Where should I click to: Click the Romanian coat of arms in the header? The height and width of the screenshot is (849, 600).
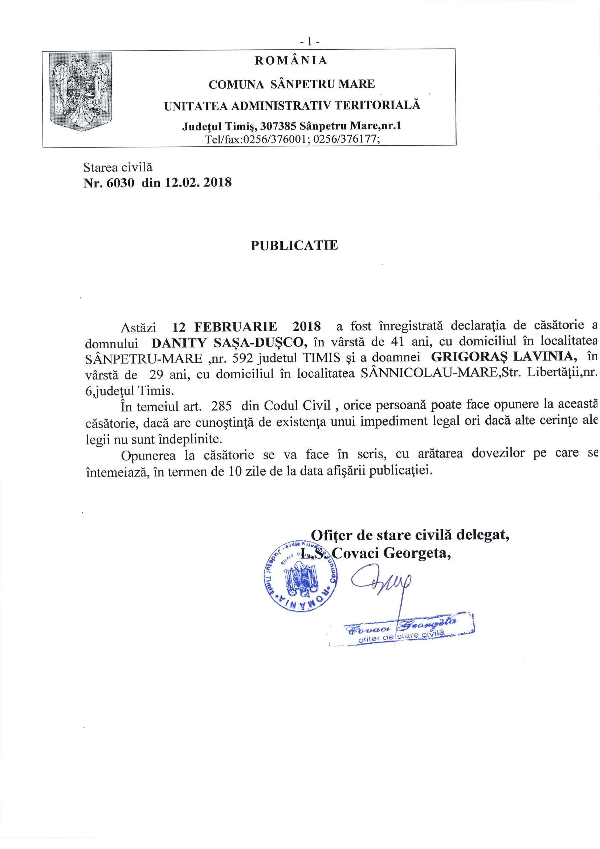[81, 92]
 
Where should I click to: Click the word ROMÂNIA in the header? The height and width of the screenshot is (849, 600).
[291, 61]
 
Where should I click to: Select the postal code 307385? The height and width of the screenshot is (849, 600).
[278, 126]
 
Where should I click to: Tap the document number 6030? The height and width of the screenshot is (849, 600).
[120, 183]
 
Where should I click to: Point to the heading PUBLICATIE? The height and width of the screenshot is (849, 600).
[294, 245]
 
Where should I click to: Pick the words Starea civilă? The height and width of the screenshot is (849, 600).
[118, 167]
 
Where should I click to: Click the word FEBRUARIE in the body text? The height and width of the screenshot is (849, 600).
[236, 327]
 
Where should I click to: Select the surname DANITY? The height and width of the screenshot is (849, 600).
[179, 343]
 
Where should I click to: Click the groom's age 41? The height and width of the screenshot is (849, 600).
[397, 341]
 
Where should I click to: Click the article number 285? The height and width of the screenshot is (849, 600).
[221, 406]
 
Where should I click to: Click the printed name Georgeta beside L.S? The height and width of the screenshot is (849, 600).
[417, 553]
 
